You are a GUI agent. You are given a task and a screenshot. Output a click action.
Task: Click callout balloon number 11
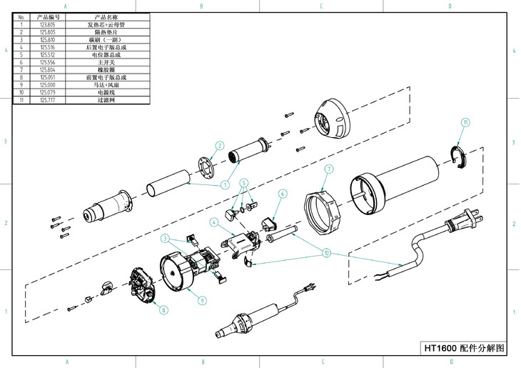pos(465,123)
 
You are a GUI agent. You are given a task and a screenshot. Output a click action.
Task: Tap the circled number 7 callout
pos(329,169)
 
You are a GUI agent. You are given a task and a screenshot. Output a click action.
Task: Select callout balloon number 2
pos(220,146)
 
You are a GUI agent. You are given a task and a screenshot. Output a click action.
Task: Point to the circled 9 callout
pos(202,300)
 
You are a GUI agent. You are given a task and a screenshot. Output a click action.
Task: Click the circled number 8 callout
pos(163,310)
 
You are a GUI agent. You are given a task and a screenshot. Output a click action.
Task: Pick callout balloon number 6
pos(282,194)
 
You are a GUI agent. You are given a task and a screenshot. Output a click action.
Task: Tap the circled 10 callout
pos(327,252)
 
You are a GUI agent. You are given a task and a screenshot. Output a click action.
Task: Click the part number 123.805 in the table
pos(49,24)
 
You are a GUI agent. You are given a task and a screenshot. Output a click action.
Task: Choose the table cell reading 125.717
pos(49,100)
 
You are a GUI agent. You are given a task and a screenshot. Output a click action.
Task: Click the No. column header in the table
pos(21,16)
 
